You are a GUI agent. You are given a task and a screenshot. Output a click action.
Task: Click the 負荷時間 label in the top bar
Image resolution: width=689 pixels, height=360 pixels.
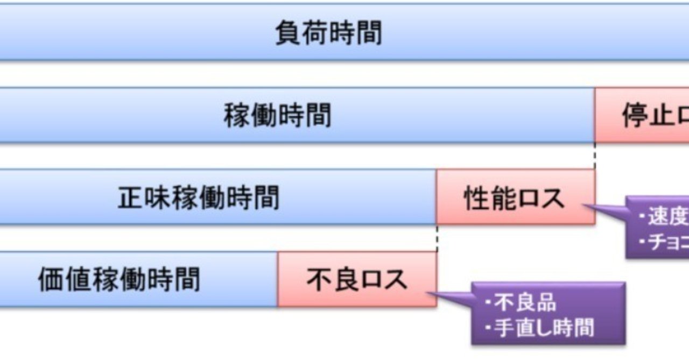(328, 33)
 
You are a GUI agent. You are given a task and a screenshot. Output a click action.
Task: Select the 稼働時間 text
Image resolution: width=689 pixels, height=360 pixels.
(277, 116)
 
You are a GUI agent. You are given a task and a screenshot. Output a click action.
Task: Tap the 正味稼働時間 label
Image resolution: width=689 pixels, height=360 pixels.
(199, 198)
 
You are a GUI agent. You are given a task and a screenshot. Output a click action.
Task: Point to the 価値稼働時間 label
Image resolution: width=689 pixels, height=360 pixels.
(119, 279)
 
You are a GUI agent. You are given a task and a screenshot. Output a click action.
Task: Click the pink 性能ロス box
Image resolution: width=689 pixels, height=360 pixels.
(515, 197)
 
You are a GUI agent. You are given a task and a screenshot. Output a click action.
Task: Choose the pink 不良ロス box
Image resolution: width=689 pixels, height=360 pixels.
(357, 279)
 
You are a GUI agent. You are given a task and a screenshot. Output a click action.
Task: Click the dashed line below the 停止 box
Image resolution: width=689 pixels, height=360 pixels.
(595, 156)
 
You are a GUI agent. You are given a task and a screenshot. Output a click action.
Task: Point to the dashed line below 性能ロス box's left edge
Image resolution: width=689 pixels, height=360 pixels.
(437, 238)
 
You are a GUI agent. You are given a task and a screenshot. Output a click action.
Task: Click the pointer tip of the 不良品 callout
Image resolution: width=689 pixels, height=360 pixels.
(431, 293)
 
